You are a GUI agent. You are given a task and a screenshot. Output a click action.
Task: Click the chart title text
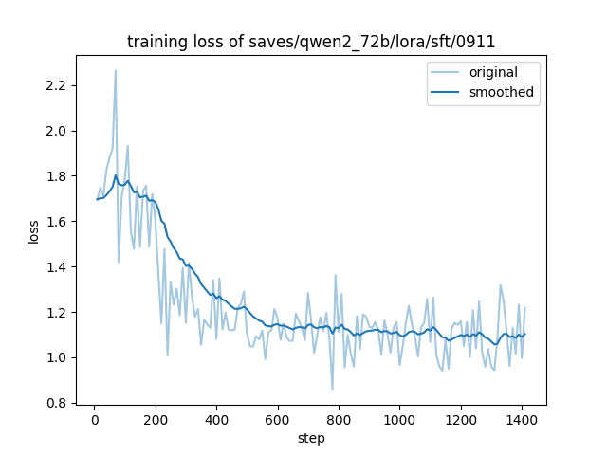pyautogui.click(x=311, y=43)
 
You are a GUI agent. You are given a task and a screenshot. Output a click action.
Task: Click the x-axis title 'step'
pyautogui.click(x=311, y=438)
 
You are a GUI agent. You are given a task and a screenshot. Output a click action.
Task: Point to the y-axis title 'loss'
pyautogui.click(x=33, y=230)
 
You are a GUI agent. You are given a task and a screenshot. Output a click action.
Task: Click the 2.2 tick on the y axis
pyautogui.click(x=59, y=85)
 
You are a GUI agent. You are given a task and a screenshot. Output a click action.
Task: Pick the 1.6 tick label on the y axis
pyautogui.click(x=59, y=222)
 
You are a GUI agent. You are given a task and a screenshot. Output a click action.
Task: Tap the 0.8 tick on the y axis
pyautogui.click(x=59, y=403)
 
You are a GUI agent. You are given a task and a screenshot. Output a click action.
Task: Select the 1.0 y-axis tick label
pyautogui.click(x=59, y=357)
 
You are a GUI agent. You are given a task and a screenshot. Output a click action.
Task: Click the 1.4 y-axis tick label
pyautogui.click(x=59, y=267)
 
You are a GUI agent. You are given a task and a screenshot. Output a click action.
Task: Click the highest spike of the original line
pyautogui.click(x=116, y=70)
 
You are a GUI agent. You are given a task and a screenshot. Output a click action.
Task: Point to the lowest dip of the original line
pyautogui.click(x=332, y=389)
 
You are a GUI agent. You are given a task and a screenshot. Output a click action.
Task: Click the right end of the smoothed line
pyautogui.click(x=524, y=334)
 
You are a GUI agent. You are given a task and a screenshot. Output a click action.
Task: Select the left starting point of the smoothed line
pyautogui.click(x=97, y=199)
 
